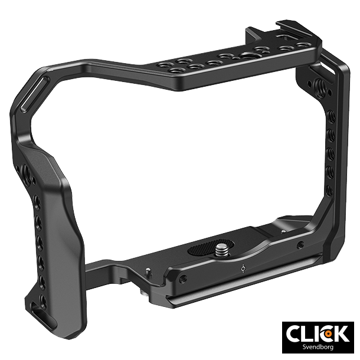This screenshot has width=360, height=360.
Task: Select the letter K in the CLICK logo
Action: coord(341,333)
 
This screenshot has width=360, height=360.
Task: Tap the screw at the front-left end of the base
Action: coord(184,279)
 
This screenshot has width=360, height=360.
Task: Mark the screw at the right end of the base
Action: coord(301,245)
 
